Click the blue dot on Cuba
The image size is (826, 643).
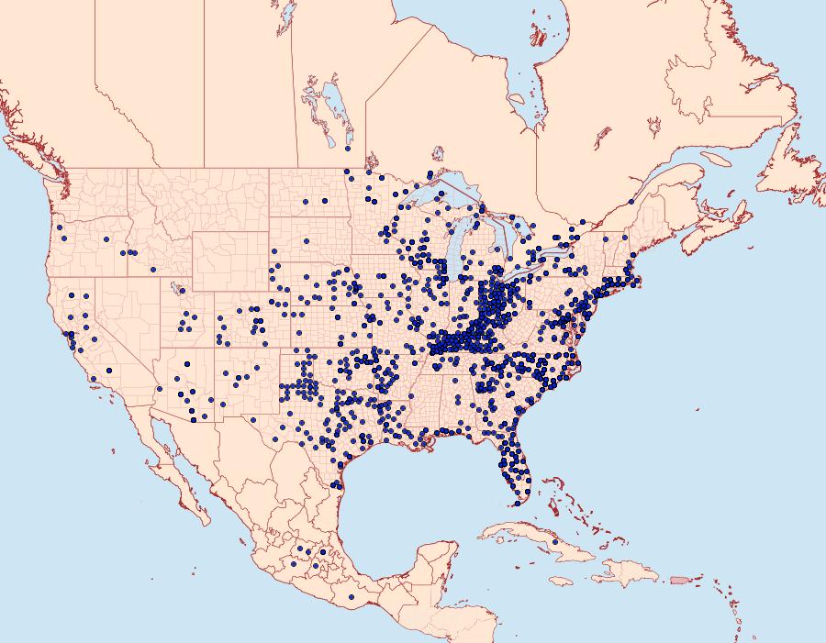(555, 542)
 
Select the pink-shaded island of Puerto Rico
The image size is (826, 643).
(680, 580)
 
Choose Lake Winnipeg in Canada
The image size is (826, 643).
(335, 108)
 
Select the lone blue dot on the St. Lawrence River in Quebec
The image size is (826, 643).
(631, 202)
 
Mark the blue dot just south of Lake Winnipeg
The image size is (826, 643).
(348, 148)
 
